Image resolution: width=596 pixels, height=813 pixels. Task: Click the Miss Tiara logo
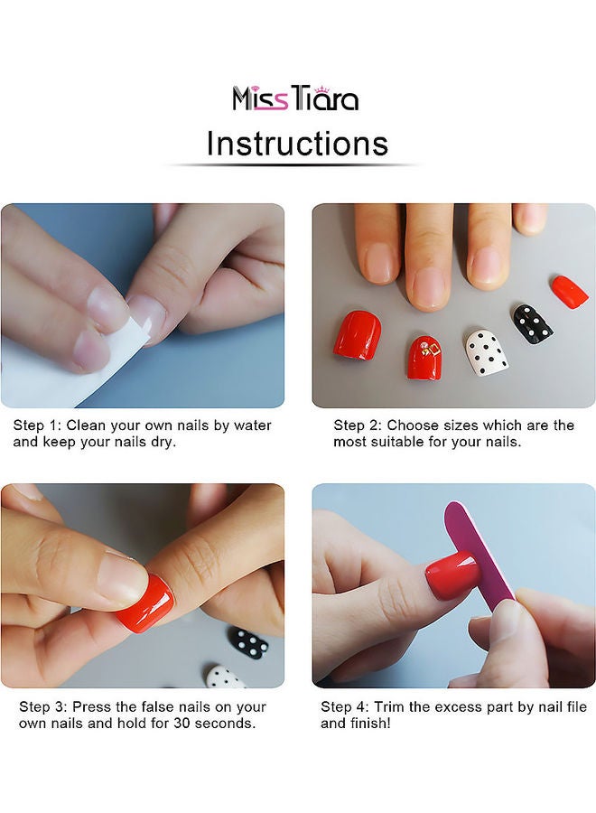pos(295,98)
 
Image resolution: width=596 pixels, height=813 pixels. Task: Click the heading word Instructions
pos(297,144)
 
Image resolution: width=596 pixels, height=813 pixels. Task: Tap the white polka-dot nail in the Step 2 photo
pos(486,352)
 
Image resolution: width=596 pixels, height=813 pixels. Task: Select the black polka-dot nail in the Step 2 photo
pos(533,322)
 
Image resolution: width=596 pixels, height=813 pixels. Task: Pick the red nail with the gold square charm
pos(427,356)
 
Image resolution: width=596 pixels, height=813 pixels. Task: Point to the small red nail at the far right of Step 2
pos(569,290)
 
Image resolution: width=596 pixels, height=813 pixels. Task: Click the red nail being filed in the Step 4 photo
pos(451,575)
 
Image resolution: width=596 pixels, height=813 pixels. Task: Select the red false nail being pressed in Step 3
pos(145,601)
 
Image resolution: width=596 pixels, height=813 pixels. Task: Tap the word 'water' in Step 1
pos(252,425)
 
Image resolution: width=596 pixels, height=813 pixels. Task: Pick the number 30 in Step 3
pos(182,723)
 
